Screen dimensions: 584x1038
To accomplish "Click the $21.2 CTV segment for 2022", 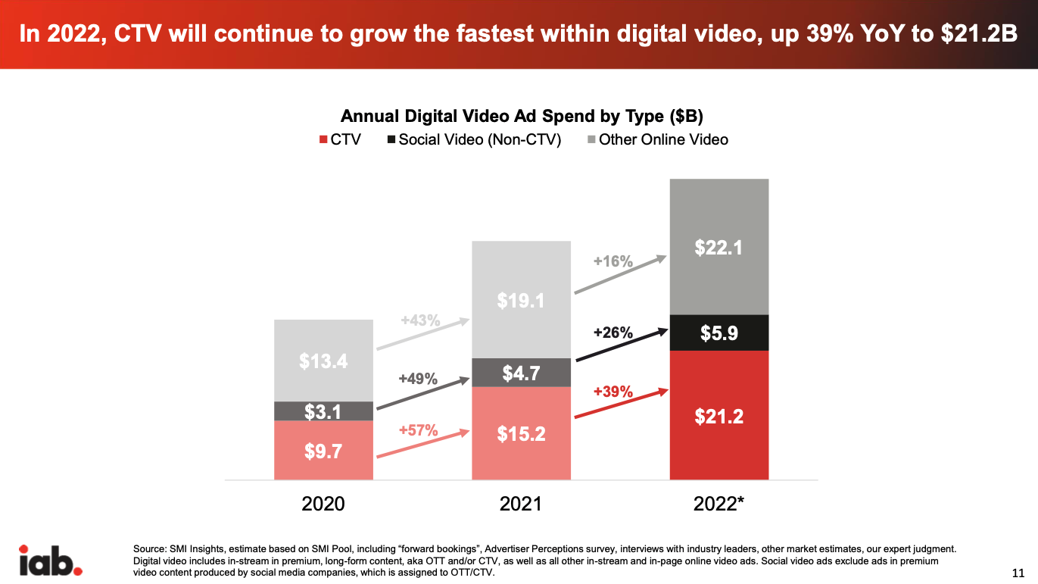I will (x=718, y=415).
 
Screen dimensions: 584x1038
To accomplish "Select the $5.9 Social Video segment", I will (x=718, y=333).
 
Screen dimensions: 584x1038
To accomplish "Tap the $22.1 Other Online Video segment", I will (x=718, y=247).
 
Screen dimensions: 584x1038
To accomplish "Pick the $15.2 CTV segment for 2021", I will (x=521, y=433).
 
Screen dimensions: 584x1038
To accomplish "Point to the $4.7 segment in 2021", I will (x=521, y=373).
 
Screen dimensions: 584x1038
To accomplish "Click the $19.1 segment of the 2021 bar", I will (x=521, y=300).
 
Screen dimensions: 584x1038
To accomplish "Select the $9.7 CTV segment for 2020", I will (x=323, y=451).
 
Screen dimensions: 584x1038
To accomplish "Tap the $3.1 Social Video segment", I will (x=323, y=411).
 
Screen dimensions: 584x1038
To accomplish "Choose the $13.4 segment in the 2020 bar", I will (x=323, y=361).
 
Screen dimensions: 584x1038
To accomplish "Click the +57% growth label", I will (x=418, y=430).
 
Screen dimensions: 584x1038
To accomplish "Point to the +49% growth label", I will (x=418, y=379).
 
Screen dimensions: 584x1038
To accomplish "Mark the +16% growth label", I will (x=613, y=261).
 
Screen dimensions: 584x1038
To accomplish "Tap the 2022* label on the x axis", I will (x=719, y=504).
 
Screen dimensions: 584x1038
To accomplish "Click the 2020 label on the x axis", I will (x=323, y=504).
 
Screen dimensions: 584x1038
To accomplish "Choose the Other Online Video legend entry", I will (x=656, y=139).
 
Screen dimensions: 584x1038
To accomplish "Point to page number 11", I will (x=1018, y=571).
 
